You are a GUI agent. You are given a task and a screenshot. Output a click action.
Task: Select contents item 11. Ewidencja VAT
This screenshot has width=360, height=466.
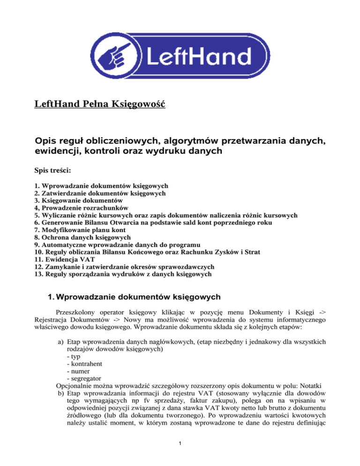64,260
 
